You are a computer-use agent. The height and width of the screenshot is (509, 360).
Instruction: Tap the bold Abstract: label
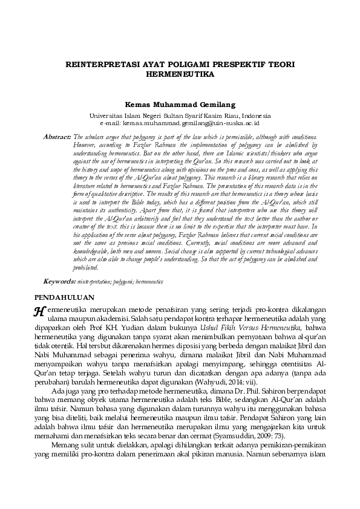57,138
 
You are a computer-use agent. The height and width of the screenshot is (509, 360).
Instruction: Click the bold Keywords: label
59,282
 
